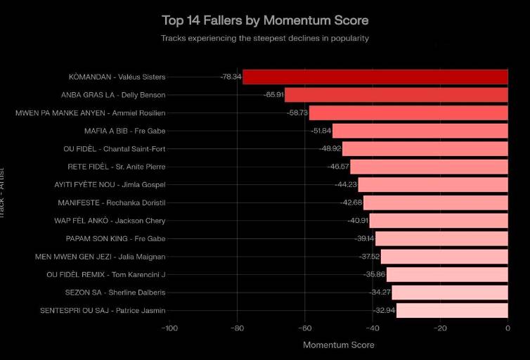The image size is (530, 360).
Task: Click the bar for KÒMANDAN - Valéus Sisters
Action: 375,77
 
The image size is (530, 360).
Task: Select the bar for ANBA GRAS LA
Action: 396,94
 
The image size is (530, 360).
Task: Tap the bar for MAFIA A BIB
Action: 420,131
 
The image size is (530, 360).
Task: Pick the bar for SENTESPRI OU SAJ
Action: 452,310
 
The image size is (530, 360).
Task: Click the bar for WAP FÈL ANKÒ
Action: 438,221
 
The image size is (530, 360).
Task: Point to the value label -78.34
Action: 231,77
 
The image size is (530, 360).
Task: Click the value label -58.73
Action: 297,112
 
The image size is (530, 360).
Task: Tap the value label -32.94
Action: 384,310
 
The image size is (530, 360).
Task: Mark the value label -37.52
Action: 369,257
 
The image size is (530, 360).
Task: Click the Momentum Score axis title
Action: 338,345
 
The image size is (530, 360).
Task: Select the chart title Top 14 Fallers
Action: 265,20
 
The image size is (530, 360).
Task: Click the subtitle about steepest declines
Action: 265,38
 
